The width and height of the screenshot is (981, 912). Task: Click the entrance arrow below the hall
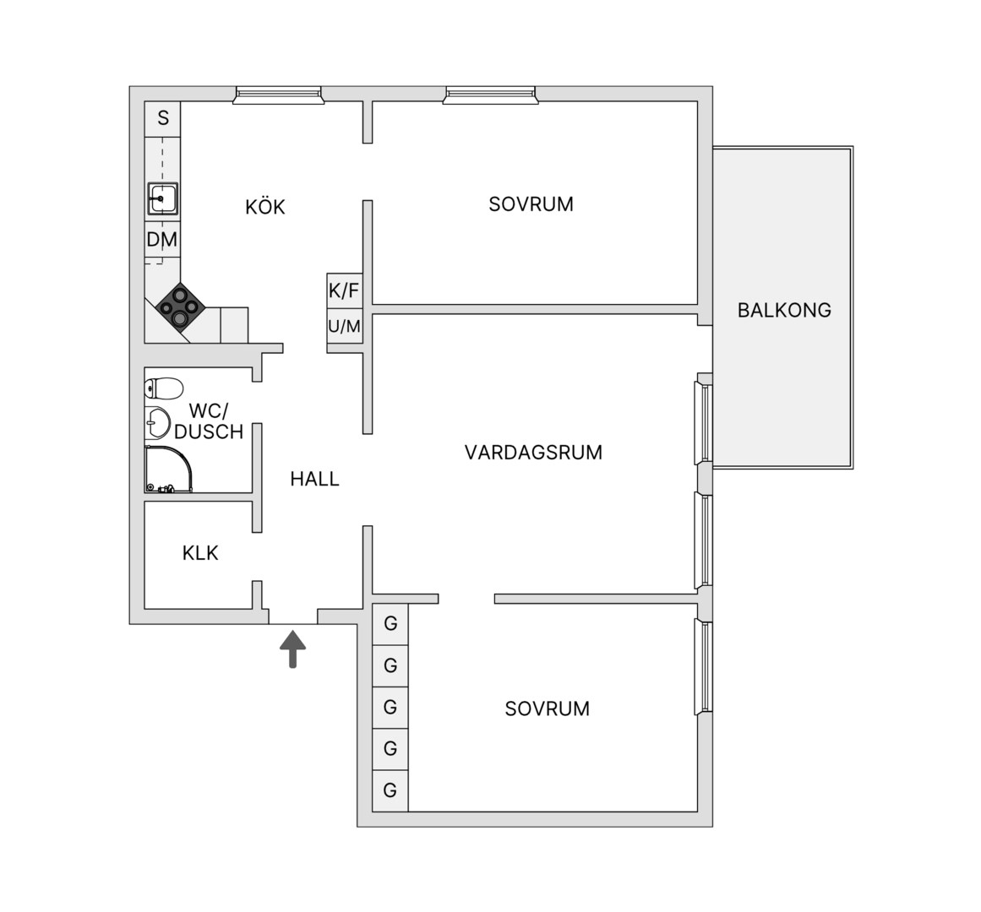coord(293,649)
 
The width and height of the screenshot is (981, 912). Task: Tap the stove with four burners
coord(180,307)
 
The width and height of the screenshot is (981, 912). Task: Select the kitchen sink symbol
coord(163,198)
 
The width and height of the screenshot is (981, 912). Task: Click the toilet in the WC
coord(163,388)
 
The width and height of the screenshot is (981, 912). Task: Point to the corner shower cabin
coord(167,469)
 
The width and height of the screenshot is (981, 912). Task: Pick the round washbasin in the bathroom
coord(157,423)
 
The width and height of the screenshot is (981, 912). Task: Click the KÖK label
coord(264,207)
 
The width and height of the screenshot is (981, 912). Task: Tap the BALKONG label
coord(784,310)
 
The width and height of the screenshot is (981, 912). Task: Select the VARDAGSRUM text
coord(533,452)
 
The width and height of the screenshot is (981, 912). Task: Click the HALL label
coord(314,479)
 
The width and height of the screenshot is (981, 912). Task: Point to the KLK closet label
coord(200,552)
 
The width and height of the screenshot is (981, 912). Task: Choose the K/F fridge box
coord(345,290)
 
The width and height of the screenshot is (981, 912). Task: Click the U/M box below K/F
coord(345,326)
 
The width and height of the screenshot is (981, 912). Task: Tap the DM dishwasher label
coord(162,240)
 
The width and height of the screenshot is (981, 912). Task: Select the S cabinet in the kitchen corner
coord(163,119)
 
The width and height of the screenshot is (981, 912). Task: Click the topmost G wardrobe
coord(390,623)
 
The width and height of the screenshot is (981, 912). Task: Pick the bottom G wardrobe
coord(390,790)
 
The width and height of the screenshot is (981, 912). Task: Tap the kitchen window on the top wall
coord(278,95)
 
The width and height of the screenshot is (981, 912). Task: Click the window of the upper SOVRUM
coord(490,95)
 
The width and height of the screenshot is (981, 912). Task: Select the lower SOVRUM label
coord(547,708)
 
